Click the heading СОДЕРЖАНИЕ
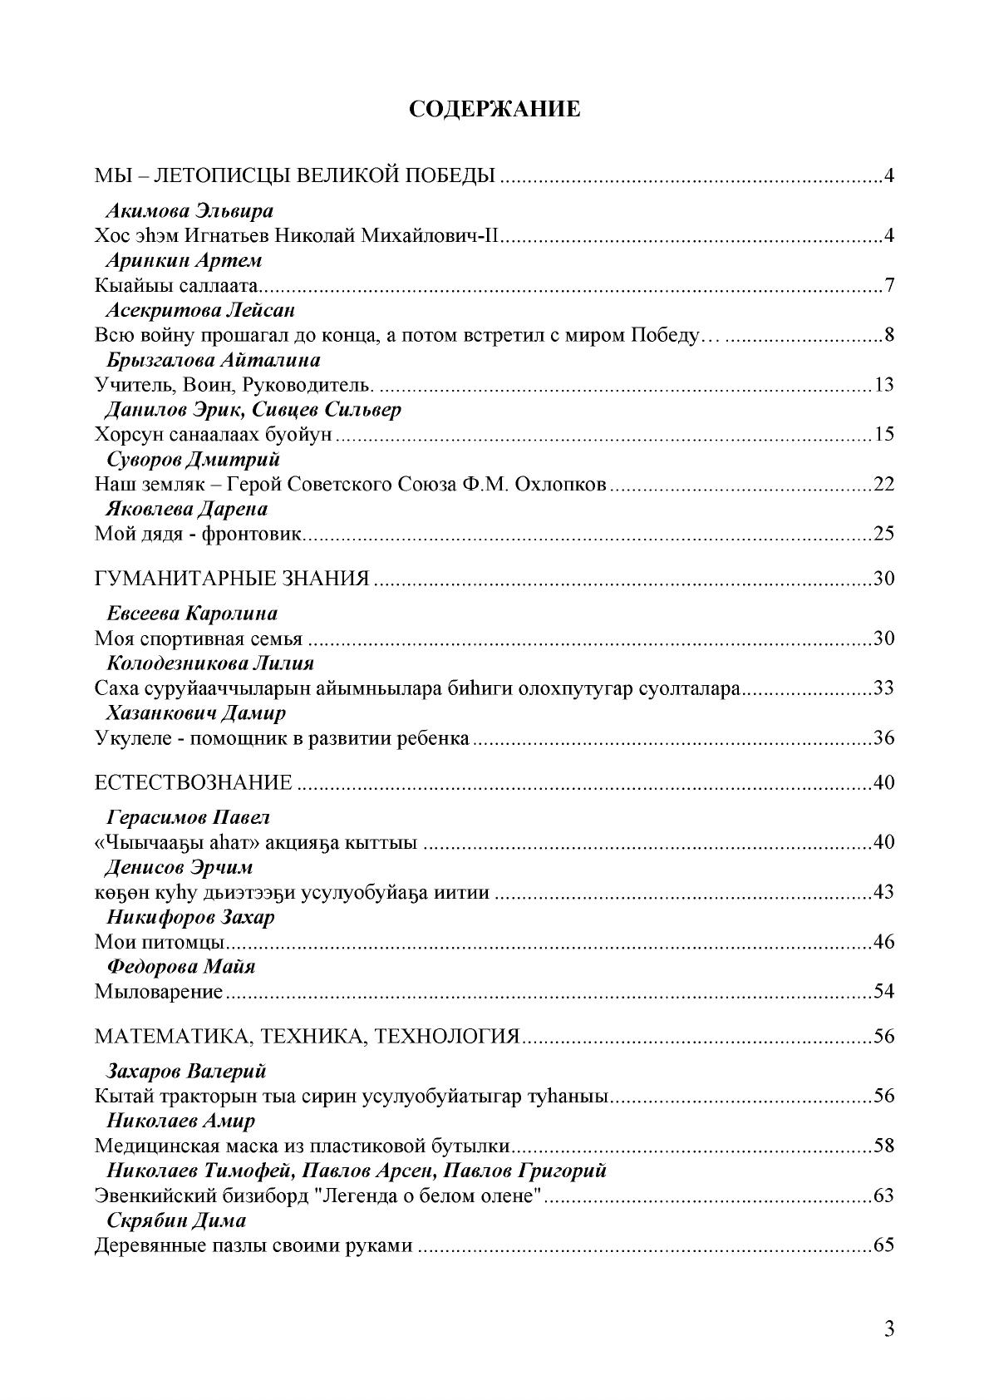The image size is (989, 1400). click(494, 110)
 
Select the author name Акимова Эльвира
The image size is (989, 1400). click(189, 210)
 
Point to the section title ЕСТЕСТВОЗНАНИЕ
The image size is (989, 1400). click(194, 782)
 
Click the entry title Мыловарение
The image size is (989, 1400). click(159, 992)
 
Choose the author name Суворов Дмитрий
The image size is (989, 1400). click(193, 459)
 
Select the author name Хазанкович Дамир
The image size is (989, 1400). click(196, 713)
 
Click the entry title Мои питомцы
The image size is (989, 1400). click(161, 943)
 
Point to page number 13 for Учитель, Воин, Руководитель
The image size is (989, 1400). click(883, 385)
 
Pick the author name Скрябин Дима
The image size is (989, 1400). click(176, 1220)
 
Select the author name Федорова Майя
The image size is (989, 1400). click(180, 967)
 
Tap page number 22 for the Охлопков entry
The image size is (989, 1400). click(883, 484)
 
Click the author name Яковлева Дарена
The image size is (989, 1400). click(187, 509)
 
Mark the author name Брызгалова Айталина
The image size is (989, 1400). click(213, 360)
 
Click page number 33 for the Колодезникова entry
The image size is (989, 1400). click(883, 689)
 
